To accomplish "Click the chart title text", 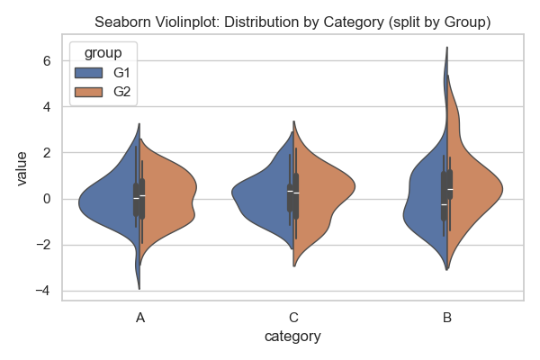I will (292, 22).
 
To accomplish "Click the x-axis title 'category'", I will (292, 337).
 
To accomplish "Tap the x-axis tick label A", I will (139, 318).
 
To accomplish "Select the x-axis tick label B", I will (446, 318).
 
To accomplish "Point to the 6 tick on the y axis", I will (48, 61).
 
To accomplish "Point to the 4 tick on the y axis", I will (48, 107).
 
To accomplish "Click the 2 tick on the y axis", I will (48, 153).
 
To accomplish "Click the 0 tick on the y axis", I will (48, 199).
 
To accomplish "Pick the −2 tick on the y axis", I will (44, 245).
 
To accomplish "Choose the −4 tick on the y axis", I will (44, 291).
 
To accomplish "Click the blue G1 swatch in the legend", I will (91, 72).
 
